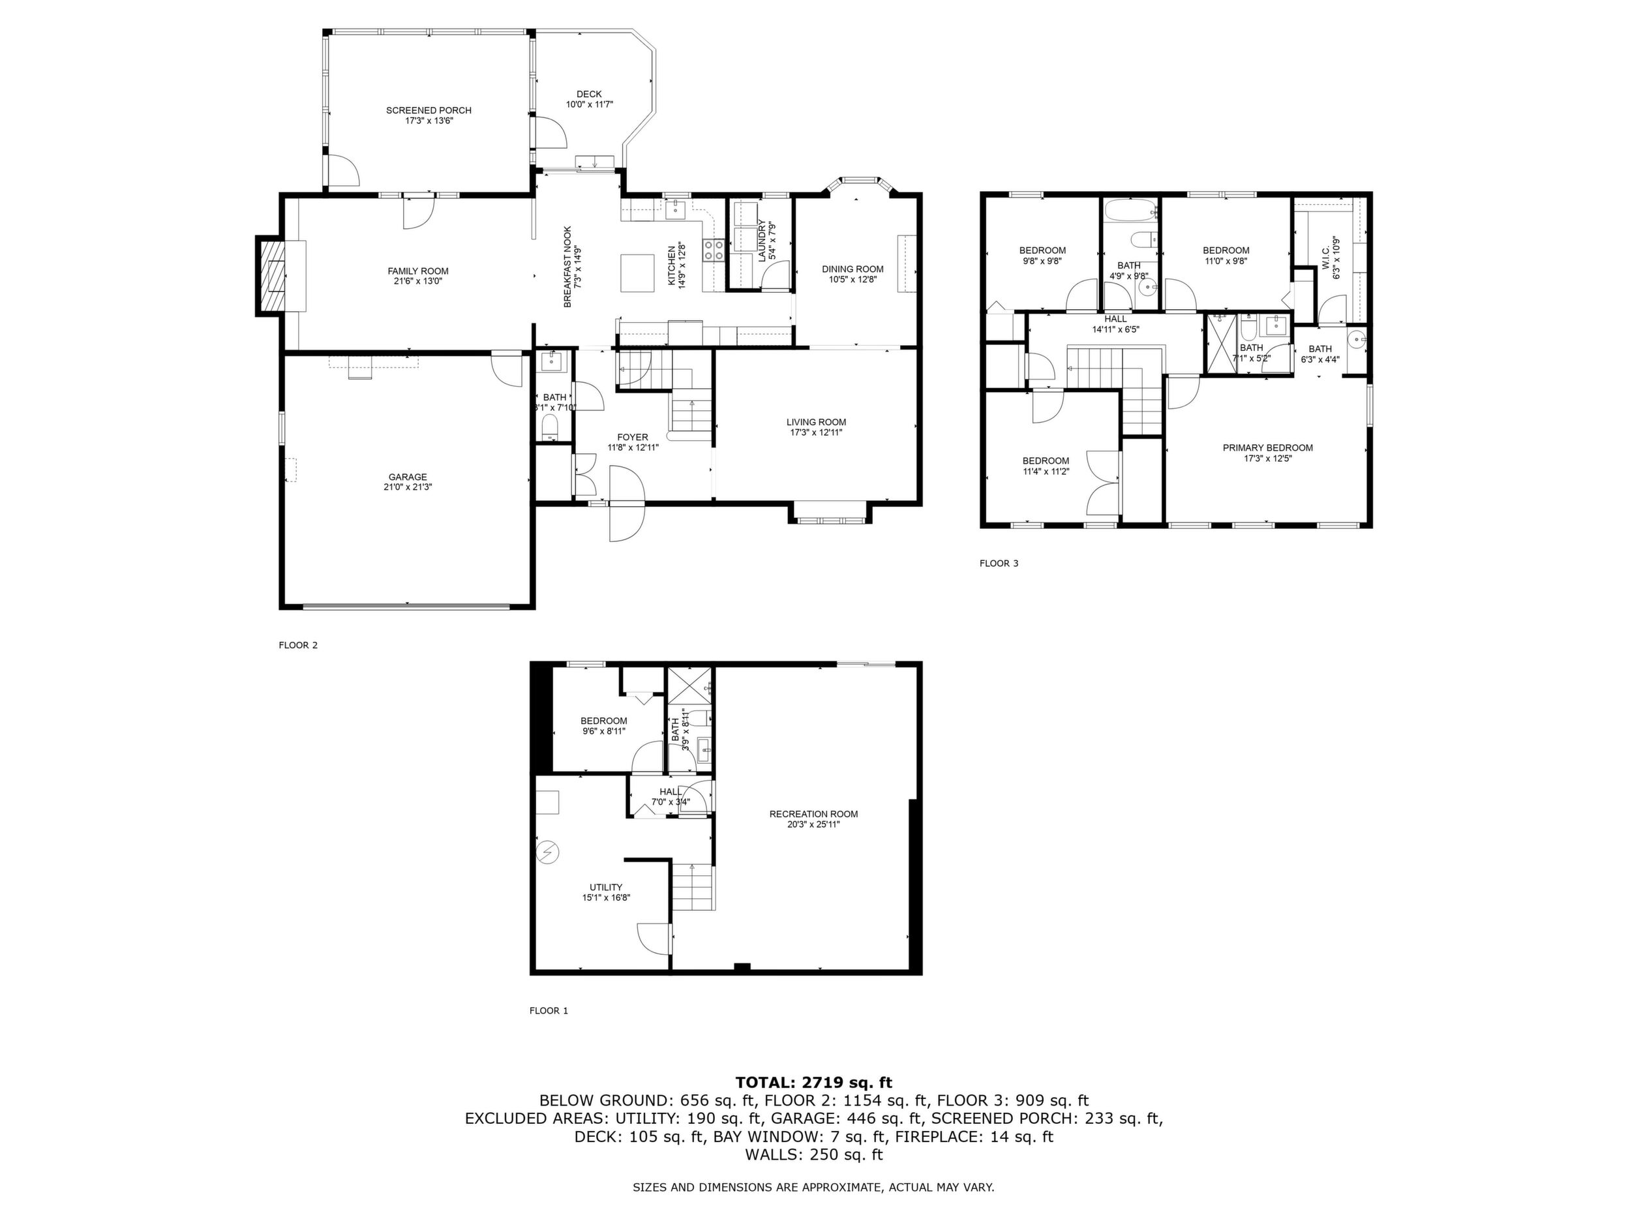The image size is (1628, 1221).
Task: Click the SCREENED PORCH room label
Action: point(429,110)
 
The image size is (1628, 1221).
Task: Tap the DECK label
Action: point(589,94)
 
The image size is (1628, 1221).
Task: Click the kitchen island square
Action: point(637,273)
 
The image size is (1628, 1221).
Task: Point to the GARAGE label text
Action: point(408,477)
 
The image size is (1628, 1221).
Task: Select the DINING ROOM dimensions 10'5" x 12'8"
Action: point(853,280)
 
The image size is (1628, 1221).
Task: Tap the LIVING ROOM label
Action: point(816,422)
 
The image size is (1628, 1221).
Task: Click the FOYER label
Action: point(633,437)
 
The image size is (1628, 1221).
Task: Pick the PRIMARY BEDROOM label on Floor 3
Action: point(1267,447)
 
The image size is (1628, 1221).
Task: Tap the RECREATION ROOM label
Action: point(813,814)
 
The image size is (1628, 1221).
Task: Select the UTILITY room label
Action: point(606,887)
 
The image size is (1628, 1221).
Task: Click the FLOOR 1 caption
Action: point(549,1010)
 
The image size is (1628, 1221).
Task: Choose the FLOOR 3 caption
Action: point(999,563)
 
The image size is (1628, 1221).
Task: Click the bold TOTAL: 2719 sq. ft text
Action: point(813,1082)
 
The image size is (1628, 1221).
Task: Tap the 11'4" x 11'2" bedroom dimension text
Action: point(1045,471)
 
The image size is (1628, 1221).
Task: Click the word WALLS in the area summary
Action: point(770,1154)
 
